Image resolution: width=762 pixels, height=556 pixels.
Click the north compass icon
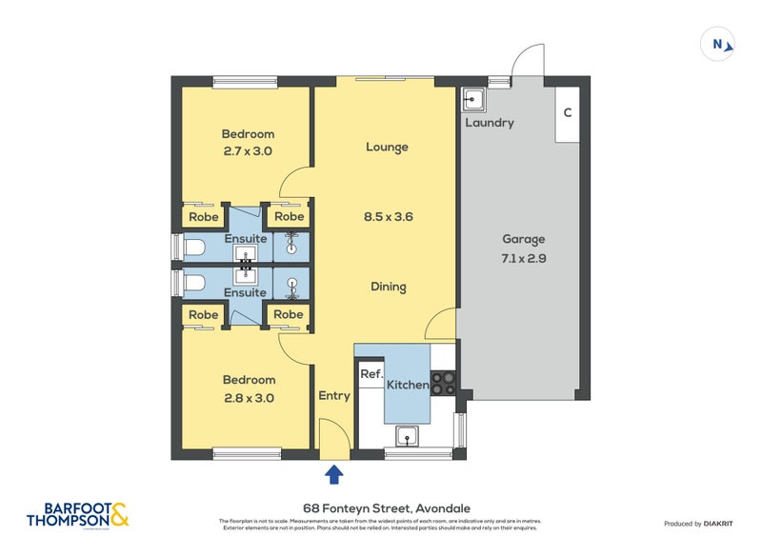click(717, 43)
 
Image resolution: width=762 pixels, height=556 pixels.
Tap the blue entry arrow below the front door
click(333, 473)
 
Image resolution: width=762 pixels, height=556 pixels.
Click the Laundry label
click(490, 123)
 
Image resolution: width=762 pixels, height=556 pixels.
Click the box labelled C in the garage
click(568, 113)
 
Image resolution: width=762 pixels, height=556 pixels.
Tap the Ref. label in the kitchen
click(371, 375)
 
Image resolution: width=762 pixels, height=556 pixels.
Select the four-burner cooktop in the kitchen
click(444, 384)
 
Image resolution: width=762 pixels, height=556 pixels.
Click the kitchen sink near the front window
click(408, 438)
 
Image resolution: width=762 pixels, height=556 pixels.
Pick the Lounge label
click(387, 147)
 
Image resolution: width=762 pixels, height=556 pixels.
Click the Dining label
click(388, 287)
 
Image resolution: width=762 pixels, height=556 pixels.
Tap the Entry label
click(334, 396)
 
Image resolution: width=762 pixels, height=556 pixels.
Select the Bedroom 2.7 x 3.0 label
click(248, 142)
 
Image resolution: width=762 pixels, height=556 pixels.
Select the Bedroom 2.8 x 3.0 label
click(248, 388)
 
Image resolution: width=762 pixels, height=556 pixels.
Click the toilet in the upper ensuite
click(193, 248)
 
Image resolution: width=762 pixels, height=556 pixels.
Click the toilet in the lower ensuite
click(193, 283)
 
